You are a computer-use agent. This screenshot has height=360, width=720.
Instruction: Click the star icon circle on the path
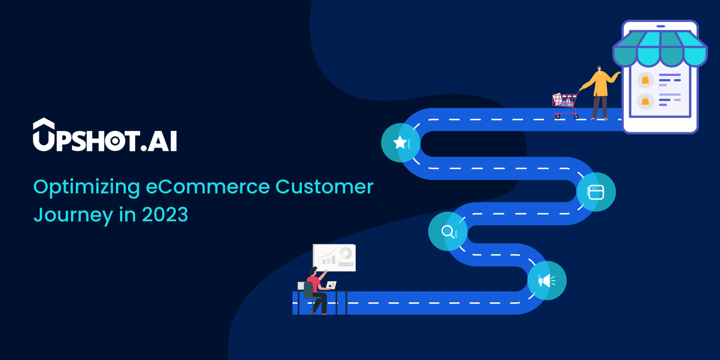coord(400,142)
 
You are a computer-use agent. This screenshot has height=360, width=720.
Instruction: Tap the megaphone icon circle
coord(547,280)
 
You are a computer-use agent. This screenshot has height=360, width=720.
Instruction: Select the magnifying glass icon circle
coord(448,231)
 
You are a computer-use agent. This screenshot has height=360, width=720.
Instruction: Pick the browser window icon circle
coord(596,192)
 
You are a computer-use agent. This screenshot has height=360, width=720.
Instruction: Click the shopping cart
coord(565,105)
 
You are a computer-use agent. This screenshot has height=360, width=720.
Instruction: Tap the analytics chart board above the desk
coord(334,257)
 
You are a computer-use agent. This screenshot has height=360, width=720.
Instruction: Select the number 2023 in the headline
coord(165,215)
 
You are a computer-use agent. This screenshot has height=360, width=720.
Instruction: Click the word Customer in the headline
coord(324,187)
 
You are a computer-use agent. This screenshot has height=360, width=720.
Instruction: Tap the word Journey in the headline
coord(73,215)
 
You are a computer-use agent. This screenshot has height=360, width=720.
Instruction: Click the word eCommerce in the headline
coord(208,187)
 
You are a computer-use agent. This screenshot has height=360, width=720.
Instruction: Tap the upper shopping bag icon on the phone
coord(645,80)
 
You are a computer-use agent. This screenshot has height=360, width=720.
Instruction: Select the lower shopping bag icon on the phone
coord(645,101)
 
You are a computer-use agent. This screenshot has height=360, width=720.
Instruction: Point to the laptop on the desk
coord(331,285)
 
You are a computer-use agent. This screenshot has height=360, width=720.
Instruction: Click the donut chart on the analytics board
coord(346,253)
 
